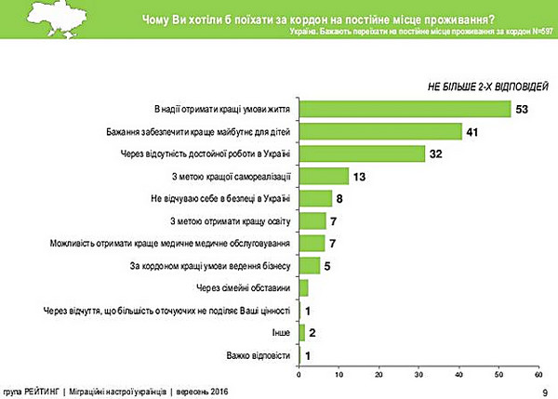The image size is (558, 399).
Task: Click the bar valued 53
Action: click(405, 110)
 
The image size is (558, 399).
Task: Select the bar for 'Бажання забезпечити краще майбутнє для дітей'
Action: click(380, 131)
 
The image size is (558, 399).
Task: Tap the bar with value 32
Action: click(362, 153)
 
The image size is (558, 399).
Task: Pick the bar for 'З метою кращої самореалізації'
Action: click(324, 176)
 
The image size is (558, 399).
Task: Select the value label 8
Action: click(340, 197)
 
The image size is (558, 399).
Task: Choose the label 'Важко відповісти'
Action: click(259, 355)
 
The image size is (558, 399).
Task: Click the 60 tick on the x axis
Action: click(539, 376)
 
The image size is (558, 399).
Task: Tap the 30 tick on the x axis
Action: click(418, 376)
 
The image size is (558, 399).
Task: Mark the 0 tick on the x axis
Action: click(299, 376)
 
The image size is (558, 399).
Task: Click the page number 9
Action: click(544, 392)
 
